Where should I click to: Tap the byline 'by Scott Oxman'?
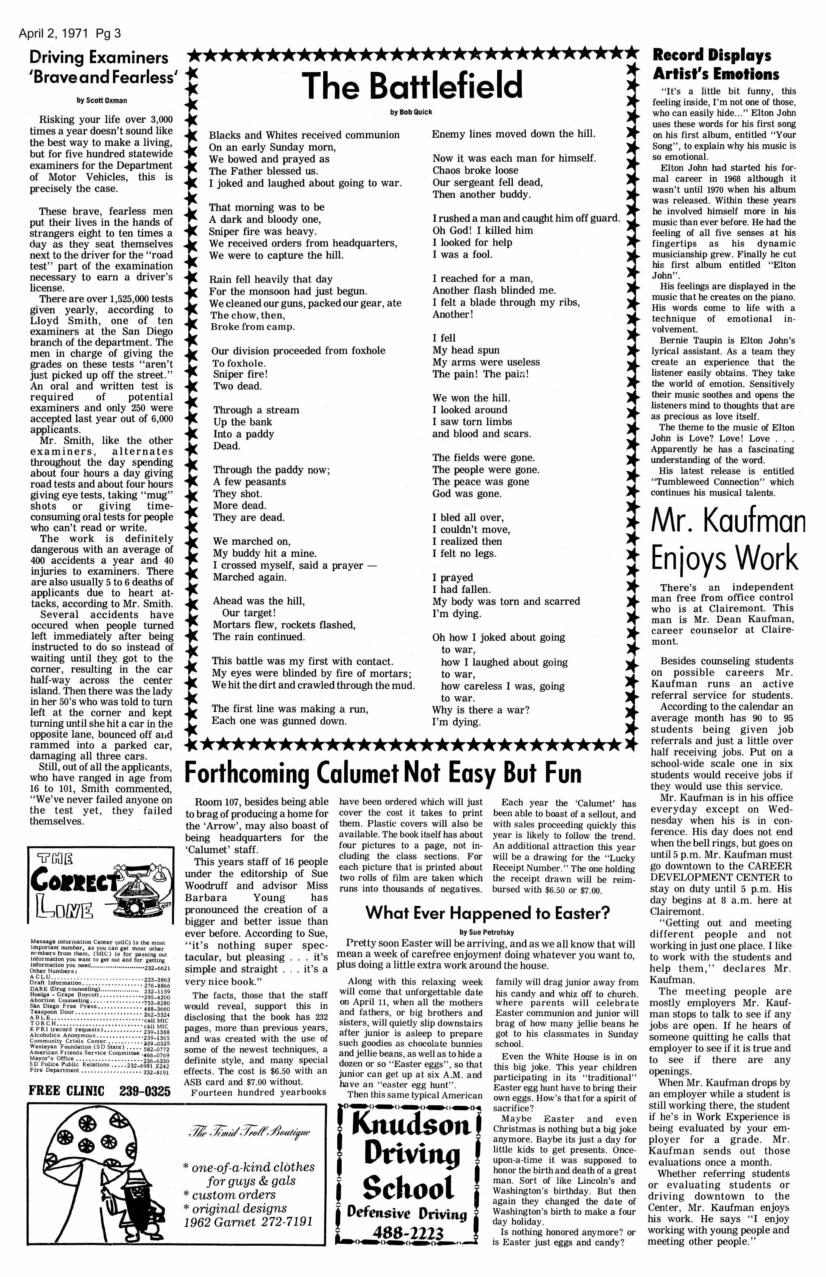(x=102, y=100)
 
